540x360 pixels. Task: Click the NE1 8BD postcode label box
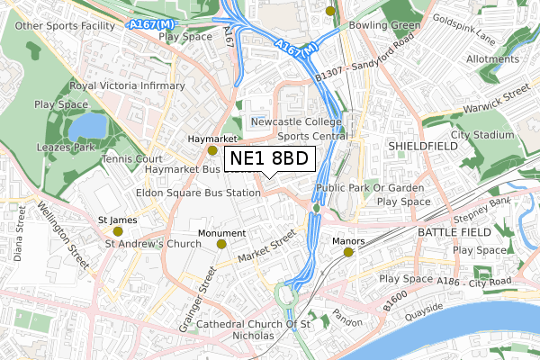269,159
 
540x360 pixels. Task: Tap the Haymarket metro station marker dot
212,150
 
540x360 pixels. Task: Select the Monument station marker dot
221,244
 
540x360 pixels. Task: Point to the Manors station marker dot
348,252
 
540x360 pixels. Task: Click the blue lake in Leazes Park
87,124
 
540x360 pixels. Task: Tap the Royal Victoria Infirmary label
128,86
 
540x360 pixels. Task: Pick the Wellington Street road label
64,236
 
